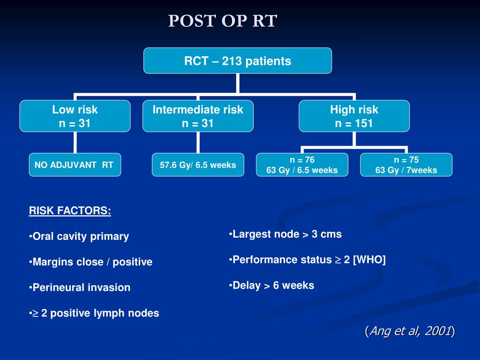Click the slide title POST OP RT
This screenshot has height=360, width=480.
coord(223,21)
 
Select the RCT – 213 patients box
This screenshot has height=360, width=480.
coord(238,61)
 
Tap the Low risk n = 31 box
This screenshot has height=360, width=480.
coord(75,116)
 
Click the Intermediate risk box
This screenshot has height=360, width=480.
coord(198,116)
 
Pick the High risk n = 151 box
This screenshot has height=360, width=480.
coord(354,116)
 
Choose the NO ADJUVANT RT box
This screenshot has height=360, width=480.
coord(75,165)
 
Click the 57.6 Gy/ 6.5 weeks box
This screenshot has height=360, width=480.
coord(198,165)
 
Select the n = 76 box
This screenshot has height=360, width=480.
coord(302,165)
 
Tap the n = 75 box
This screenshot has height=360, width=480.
coord(406,165)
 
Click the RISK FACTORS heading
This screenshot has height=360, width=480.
coord(70,211)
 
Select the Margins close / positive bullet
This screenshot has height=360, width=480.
coord(92,262)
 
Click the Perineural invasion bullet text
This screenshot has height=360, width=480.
coord(81,287)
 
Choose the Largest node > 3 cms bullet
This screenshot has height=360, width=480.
coord(286,234)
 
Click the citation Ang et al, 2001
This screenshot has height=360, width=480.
coord(410,331)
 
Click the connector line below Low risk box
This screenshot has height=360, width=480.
coord(75,142)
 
